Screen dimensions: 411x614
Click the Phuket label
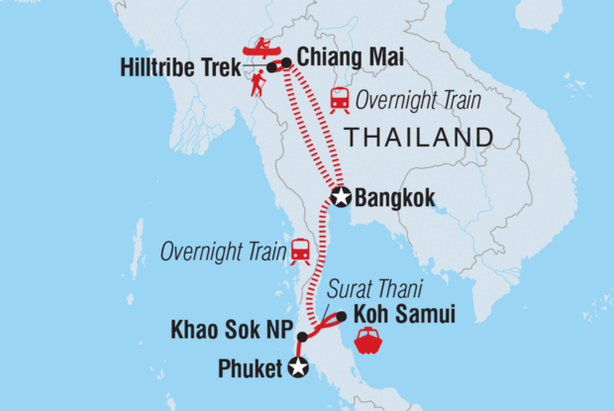tap(252, 369)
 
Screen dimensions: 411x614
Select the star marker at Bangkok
tap(341, 197)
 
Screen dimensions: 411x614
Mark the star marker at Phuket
tap(298, 368)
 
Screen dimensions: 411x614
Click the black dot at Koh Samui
tap(341, 317)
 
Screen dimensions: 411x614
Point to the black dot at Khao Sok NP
tap(302, 337)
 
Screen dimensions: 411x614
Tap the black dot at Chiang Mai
tap(286, 63)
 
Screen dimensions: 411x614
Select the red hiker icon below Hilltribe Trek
tap(257, 83)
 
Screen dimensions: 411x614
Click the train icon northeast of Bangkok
tap(340, 98)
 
